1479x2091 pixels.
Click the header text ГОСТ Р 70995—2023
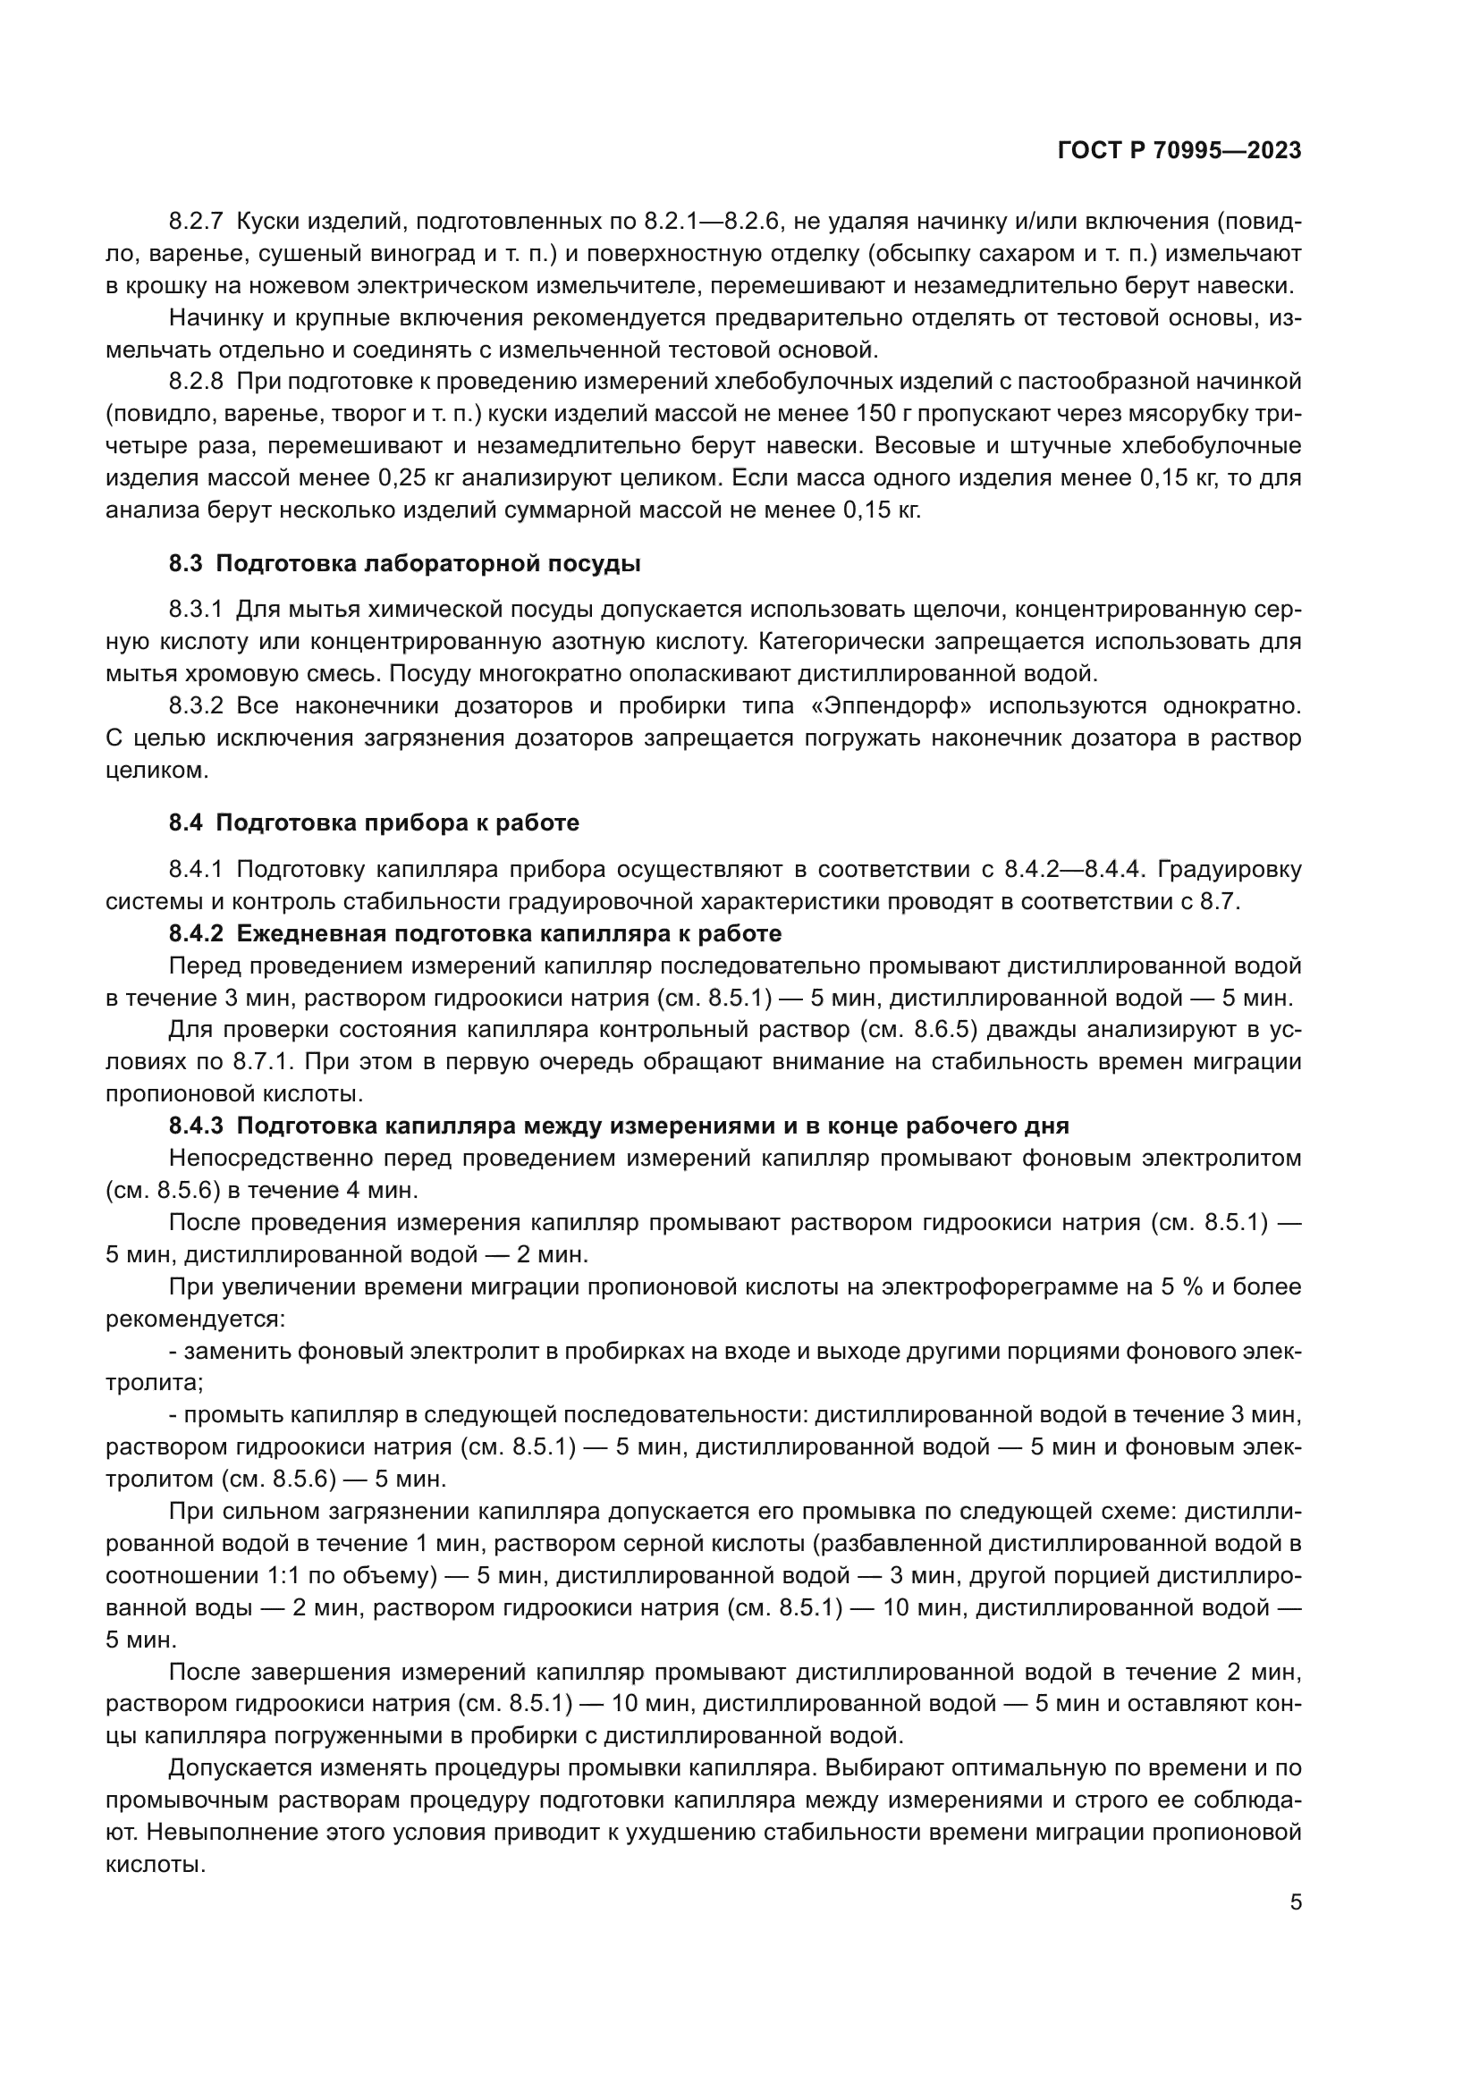1179,151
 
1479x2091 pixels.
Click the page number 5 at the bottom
1295,1902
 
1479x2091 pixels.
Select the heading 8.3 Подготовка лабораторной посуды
404,564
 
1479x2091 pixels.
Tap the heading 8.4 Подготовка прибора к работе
374,823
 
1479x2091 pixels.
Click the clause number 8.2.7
196,222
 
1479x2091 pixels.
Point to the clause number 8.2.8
196,382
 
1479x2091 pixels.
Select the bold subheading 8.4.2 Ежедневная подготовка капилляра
475,933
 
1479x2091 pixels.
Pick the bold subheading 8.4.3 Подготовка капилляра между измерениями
619,1126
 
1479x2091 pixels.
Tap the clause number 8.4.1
196,870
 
